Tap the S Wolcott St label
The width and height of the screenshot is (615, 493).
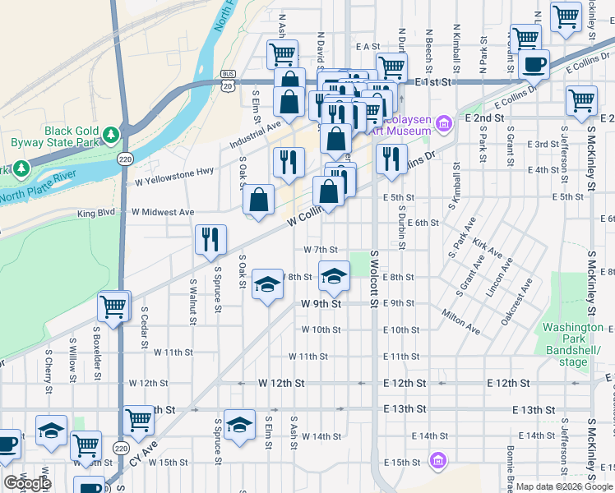pos(374,279)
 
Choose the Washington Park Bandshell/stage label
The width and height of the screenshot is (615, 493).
pos(573,344)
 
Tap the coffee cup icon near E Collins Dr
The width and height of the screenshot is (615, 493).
pos(534,63)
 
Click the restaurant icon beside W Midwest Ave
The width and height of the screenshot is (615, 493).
pos(210,239)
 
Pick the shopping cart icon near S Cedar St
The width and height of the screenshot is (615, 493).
pos(113,306)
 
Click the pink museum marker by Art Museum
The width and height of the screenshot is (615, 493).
pos(444,124)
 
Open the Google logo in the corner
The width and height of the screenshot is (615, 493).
pos(26,483)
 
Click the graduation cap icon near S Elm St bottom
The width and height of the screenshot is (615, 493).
pos(239,425)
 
